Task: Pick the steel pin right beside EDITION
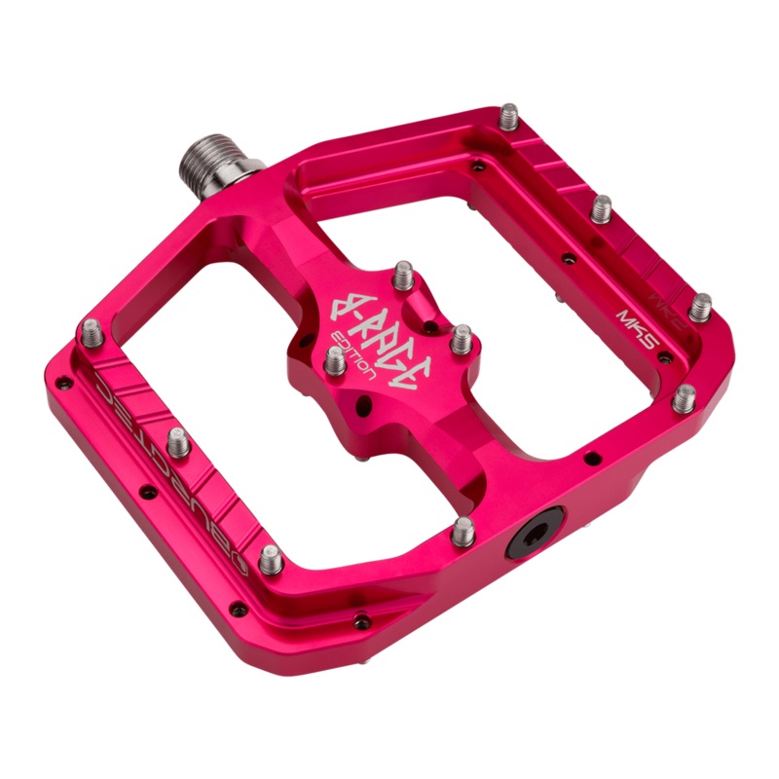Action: [334, 362]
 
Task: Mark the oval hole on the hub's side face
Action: [365, 400]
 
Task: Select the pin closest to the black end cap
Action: [464, 529]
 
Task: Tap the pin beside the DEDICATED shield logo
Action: [272, 557]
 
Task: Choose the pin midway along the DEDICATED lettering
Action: [178, 442]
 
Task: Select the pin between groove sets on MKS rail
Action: [604, 207]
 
